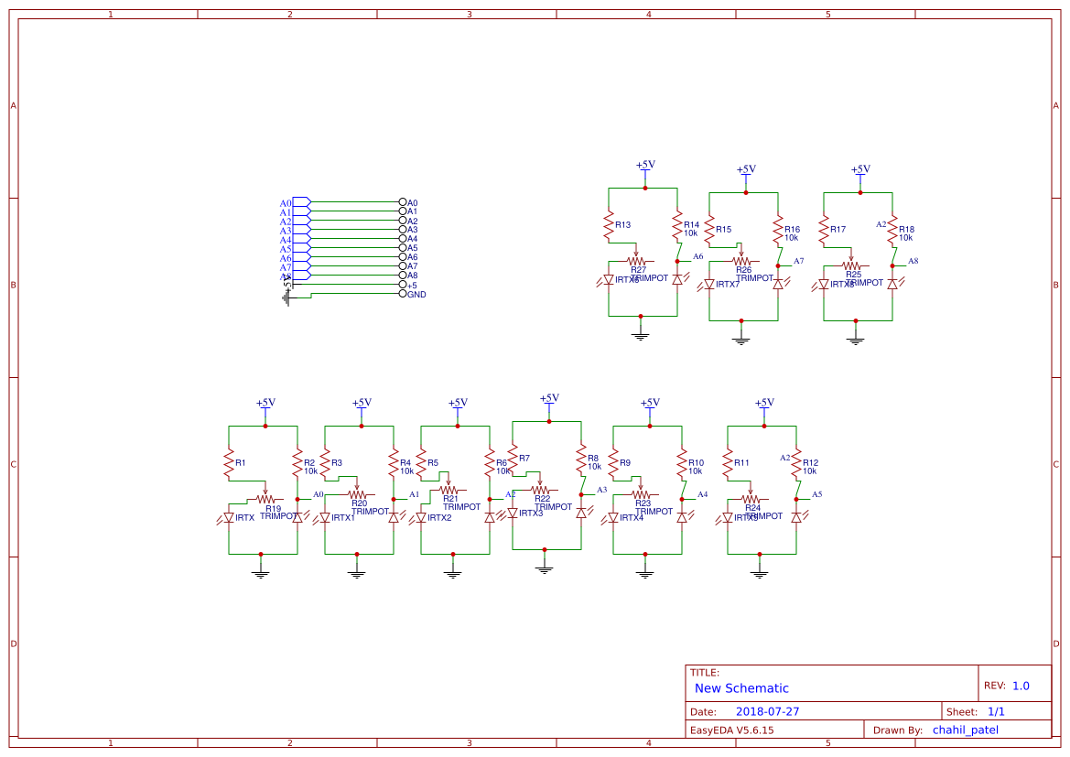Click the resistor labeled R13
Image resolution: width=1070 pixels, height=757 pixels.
click(609, 225)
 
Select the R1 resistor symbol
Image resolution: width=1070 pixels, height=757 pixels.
click(229, 463)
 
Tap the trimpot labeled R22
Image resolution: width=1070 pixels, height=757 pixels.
click(541, 490)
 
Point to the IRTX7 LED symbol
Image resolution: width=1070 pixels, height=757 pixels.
click(709, 285)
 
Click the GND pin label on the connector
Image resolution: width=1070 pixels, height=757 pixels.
click(416, 294)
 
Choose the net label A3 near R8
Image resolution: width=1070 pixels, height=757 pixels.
click(601, 490)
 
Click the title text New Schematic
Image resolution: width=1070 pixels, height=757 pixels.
click(741, 688)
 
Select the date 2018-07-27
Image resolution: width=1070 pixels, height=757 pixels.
click(767, 711)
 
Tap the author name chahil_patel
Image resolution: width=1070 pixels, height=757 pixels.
click(965, 730)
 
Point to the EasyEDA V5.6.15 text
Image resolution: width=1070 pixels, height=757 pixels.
click(731, 730)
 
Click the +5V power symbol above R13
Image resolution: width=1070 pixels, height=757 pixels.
click(645, 167)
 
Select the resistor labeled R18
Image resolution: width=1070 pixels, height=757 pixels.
click(892, 230)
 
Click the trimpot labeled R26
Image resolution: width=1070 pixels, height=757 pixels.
click(742, 261)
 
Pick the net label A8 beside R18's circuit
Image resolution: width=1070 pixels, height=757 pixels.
click(913, 262)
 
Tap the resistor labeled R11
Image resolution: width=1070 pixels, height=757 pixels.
click(728, 463)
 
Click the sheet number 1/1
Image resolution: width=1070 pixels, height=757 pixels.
click(996, 711)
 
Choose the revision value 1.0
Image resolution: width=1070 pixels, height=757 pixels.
click(1021, 686)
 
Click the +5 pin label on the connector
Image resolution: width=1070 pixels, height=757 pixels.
click(412, 285)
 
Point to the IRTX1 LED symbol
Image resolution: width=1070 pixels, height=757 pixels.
click(325, 517)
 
